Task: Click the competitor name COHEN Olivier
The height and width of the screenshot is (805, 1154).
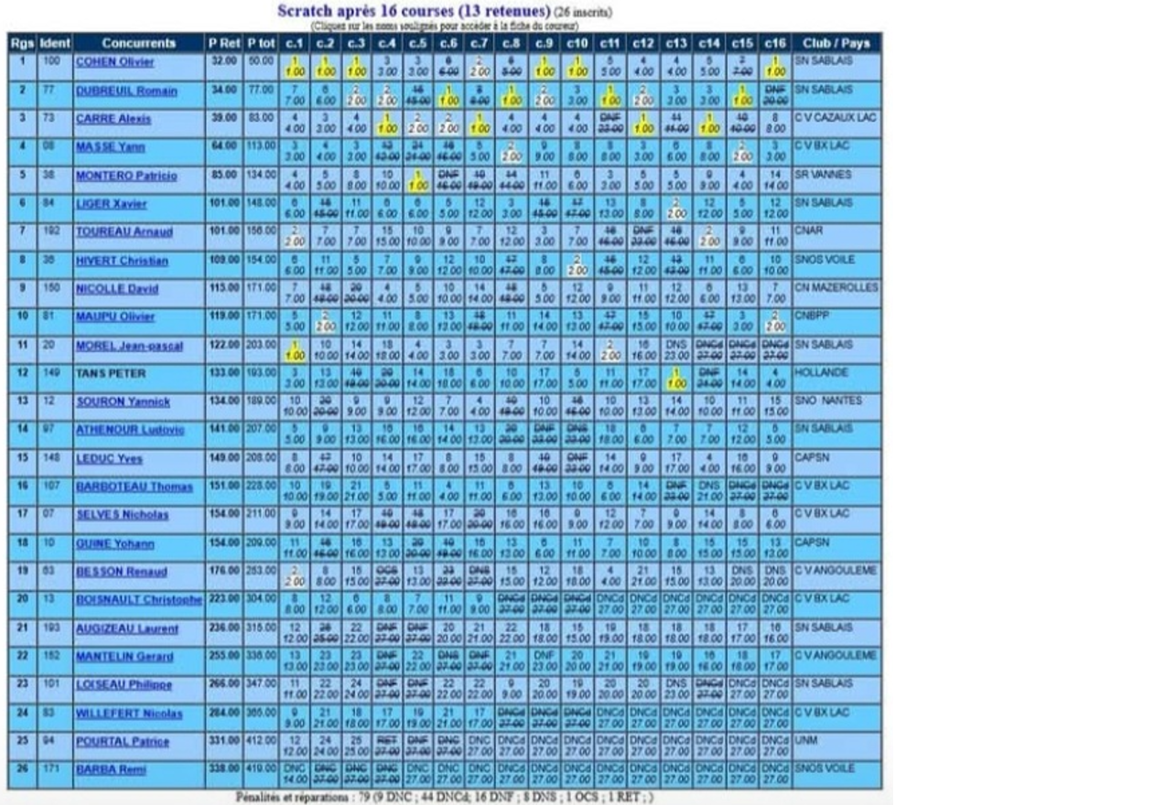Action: pyautogui.click(x=114, y=62)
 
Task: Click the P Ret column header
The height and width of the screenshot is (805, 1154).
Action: pyautogui.click(x=224, y=43)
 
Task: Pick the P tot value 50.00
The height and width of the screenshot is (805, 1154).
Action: pyautogui.click(x=262, y=61)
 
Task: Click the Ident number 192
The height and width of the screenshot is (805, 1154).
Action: pyautogui.click(x=52, y=231)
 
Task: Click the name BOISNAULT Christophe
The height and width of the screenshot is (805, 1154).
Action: pyautogui.click(x=139, y=599)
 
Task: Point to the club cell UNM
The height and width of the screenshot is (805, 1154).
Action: pyautogui.click(x=806, y=741)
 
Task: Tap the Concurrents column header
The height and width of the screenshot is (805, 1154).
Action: pyautogui.click(x=138, y=43)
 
